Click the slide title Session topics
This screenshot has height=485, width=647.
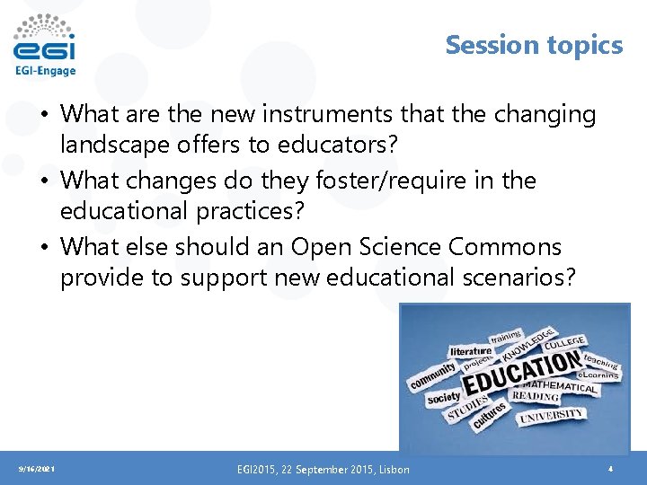534,44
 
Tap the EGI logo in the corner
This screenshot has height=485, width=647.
45,40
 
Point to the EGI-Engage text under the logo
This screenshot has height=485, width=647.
45,71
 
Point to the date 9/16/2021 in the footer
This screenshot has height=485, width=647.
35,469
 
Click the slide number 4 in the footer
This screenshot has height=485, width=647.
610,469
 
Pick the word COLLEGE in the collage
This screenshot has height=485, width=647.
563,342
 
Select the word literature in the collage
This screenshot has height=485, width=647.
471,350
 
